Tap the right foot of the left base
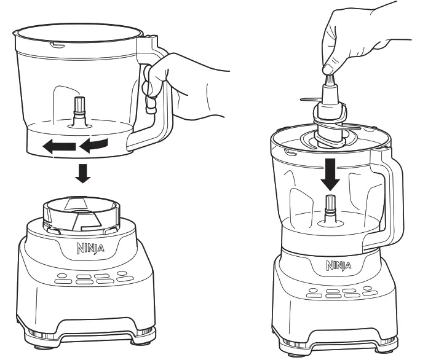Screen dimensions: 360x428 143,335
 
